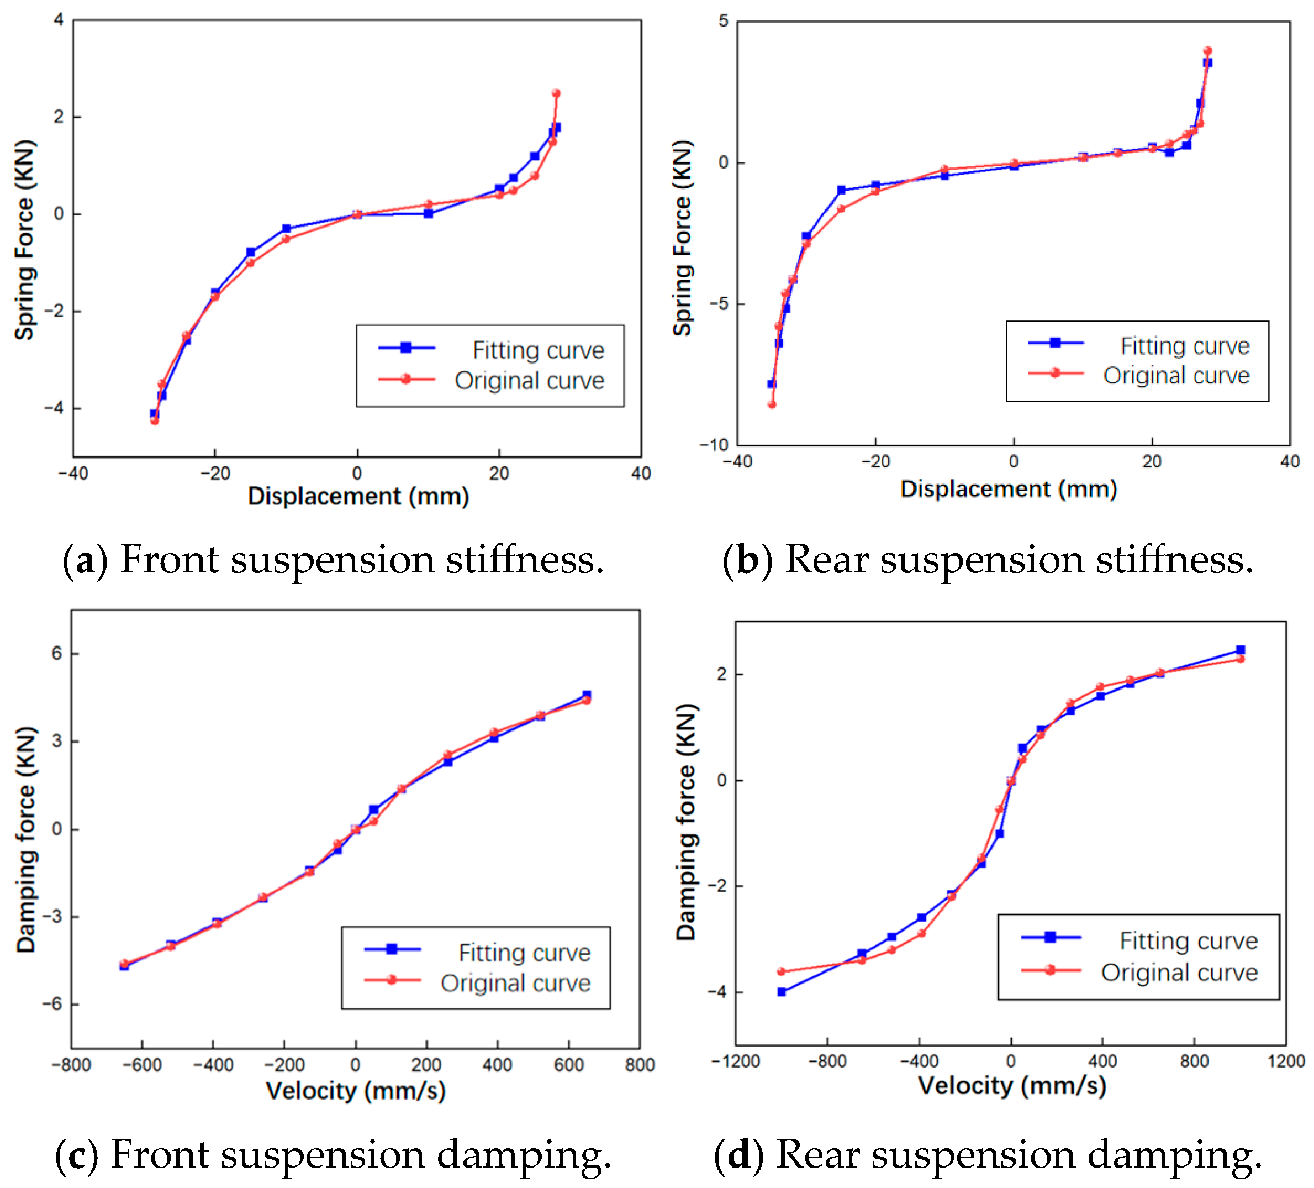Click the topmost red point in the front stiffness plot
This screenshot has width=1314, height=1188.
556,93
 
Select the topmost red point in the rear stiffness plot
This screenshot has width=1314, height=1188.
1207,51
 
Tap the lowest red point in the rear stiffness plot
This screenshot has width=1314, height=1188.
772,404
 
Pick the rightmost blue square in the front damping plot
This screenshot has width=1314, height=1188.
587,695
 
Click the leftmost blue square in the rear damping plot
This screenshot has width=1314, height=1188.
782,992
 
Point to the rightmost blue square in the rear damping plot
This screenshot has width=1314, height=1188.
1241,650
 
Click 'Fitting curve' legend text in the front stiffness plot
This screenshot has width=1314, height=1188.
539,350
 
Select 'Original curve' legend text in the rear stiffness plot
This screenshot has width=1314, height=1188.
1176,376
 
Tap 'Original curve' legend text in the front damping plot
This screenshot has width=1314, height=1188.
515,983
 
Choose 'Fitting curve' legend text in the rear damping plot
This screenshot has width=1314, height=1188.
1188,941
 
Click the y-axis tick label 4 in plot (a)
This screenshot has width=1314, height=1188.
59,20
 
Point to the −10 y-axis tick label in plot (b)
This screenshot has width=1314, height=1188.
714,445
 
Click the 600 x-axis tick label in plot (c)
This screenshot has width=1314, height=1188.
568,1065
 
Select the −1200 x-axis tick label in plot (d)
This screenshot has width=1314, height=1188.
736,1061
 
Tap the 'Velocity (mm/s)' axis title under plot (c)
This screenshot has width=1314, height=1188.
356,1091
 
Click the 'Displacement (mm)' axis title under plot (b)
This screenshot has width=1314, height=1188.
1009,489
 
